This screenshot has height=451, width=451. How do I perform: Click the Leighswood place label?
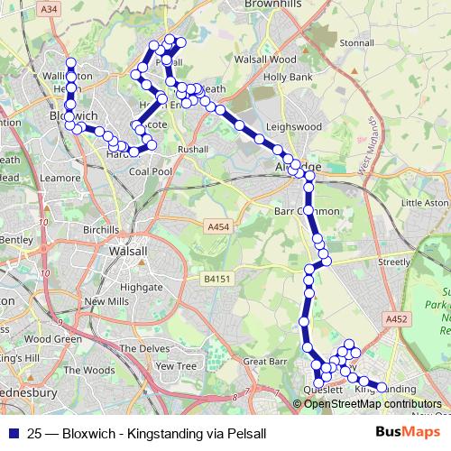pyautogui.click(x=295, y=128)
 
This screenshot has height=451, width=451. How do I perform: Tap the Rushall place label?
pyautogui.click(x=192, y=149)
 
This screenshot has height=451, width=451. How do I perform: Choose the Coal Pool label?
pyautogui.click(x=151, y=170)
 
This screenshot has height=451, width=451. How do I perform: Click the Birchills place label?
pyautogui.click(x=100, y=230)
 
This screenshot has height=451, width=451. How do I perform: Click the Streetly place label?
pyautogui.click(x=393, y=261)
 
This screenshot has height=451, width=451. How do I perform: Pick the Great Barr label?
pyautogui.click(x=264, y=361)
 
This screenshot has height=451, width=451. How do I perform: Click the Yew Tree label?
pyautogui.click(x=175, y=366)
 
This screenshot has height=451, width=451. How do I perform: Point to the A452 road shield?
pyautogui.click(x=394, y=319)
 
